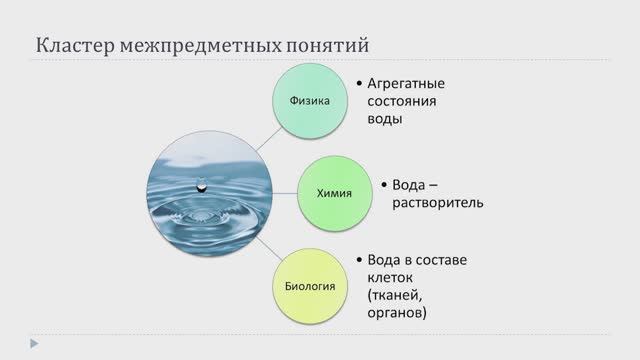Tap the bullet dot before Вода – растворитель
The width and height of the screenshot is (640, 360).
click(383, 185)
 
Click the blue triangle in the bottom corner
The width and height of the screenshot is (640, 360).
click(9, 343)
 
